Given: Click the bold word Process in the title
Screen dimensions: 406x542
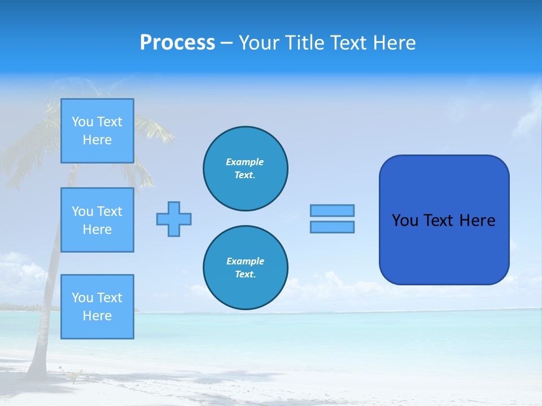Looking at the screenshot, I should pos(177,43).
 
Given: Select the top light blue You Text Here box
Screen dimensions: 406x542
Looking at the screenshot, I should pos(97,131).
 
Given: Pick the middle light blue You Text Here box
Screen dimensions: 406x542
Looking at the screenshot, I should pos(97,220).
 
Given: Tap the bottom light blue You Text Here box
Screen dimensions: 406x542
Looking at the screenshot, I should pos(97,307).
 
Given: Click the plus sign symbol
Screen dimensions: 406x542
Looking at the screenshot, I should pos(174,219).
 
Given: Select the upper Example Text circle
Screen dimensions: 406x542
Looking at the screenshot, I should pos(246,169).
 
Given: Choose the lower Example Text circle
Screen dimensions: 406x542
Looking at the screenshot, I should pos(246,268).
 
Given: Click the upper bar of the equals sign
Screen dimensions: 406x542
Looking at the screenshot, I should pos(332,210).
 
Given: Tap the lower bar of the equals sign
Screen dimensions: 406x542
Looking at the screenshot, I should pos(332,227).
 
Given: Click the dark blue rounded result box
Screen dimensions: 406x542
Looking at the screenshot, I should pos(444,248).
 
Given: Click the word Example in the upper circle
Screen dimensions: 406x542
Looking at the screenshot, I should pos(244,162).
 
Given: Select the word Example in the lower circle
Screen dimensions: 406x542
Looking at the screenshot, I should pos(245,261).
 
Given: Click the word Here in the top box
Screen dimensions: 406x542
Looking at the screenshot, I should pos(97,140).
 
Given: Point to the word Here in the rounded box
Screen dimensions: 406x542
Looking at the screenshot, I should pos(477,220).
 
